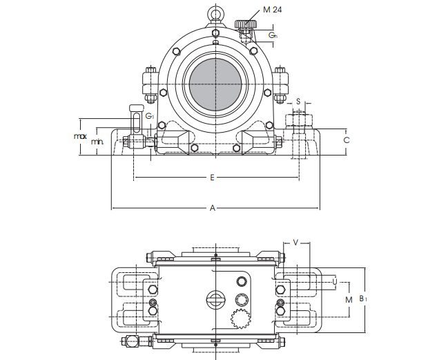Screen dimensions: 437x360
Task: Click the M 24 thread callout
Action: click(x=272, y=10)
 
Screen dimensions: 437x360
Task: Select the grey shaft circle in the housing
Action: click(x=215, y=84)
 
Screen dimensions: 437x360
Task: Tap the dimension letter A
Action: click(x=213, y=208)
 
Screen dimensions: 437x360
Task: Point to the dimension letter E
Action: click(x=213, y=178)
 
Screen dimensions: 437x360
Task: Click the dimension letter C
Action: click(x=347, y=140)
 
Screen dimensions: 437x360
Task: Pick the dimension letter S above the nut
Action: click(x=298, y=101)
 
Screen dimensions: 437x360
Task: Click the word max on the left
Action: click(x=80, y=136)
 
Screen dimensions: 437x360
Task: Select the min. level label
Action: click(x=97, y=142)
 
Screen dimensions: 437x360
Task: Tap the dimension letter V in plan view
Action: click(x=296, y=243)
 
